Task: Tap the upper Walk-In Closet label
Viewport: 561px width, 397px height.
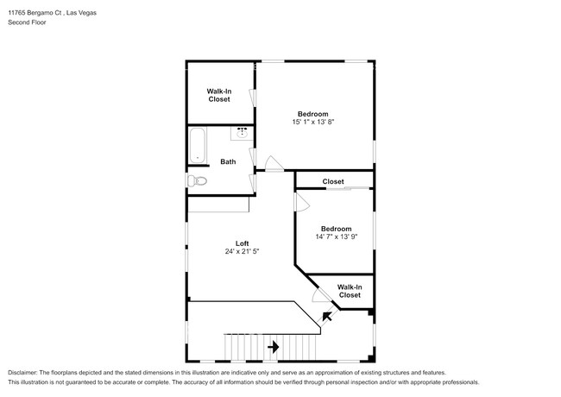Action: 218,95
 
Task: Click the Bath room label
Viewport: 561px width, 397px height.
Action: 228,161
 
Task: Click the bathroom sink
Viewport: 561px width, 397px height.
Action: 242,133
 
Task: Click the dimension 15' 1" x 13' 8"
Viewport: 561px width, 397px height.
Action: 312,123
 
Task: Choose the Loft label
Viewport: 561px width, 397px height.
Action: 243,243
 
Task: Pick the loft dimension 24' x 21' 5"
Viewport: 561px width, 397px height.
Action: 243,252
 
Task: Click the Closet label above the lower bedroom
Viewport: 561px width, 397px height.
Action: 333,181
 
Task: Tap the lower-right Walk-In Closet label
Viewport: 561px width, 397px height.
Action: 349,291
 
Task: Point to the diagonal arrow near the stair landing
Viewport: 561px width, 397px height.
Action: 326,317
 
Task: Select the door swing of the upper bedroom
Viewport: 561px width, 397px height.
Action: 273,162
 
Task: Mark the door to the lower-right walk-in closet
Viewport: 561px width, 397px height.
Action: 320,295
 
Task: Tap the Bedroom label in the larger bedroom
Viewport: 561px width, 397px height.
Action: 312,113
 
